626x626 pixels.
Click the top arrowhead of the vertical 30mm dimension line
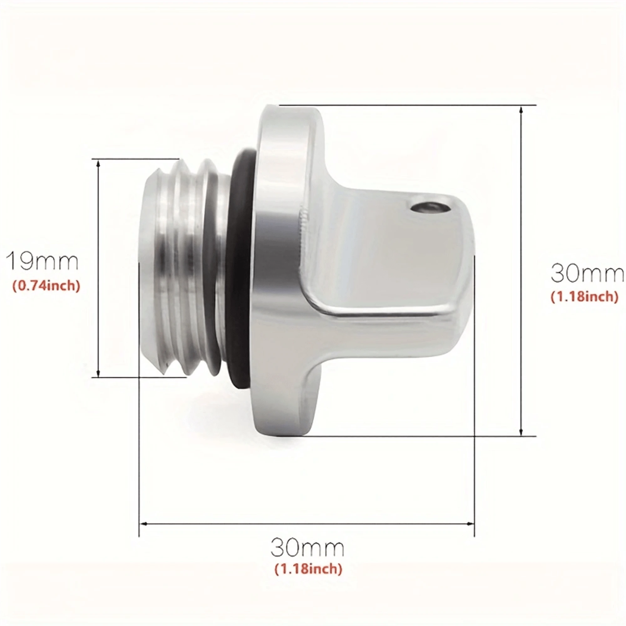coord(521,110)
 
